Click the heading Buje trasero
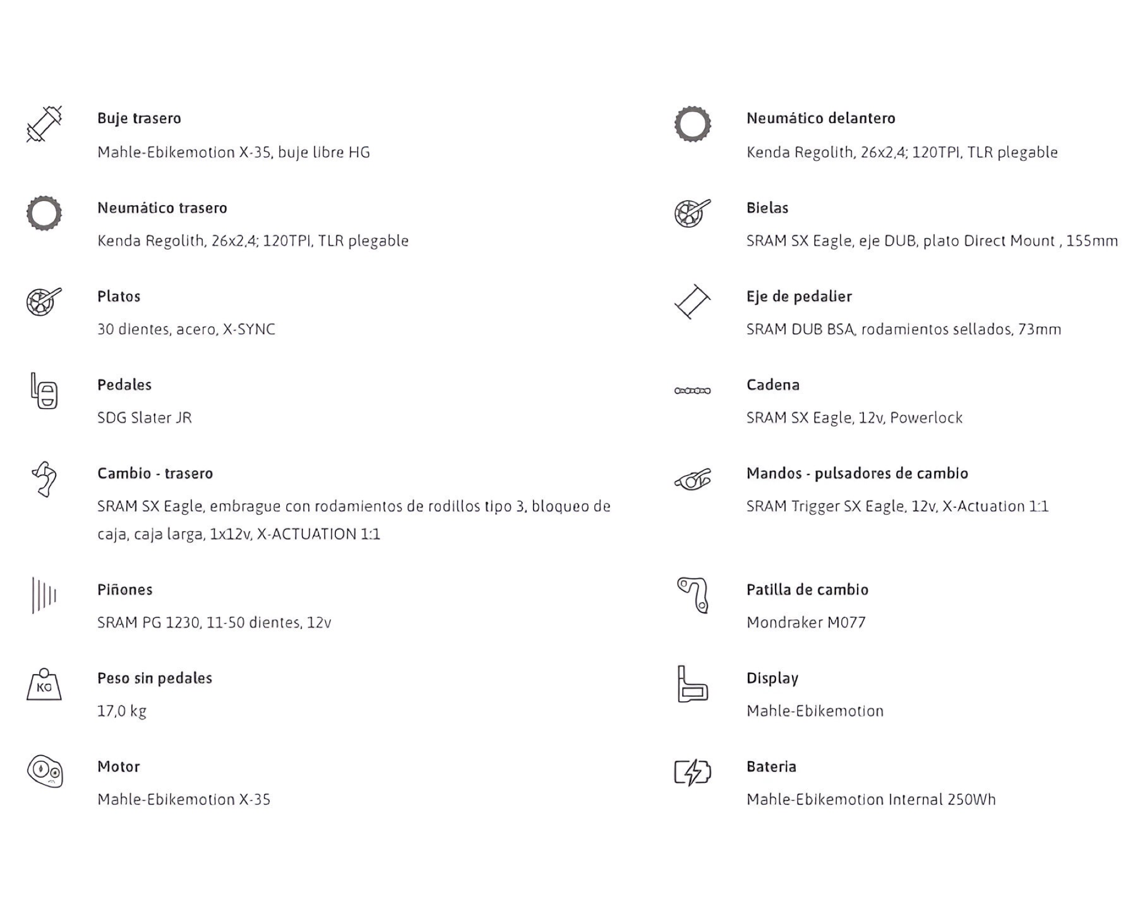(139, 118)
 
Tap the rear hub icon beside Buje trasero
(44, 124)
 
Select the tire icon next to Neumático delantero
(692, 124)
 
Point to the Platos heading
(118, 296)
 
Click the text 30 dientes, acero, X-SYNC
(186, 329)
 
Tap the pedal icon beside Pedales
(44, 391)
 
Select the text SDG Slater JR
(144, 418)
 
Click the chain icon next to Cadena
(692, 391)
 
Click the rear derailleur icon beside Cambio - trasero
(44, 479)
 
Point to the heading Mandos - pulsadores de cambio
(857, 473)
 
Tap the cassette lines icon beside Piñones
(44, 595)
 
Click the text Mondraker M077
(806, 622)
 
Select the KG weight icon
(44, 685)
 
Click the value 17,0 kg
(122, 711)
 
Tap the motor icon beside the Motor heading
(44, 772)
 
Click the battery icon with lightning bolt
(692, 772)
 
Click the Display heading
(772, 678)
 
